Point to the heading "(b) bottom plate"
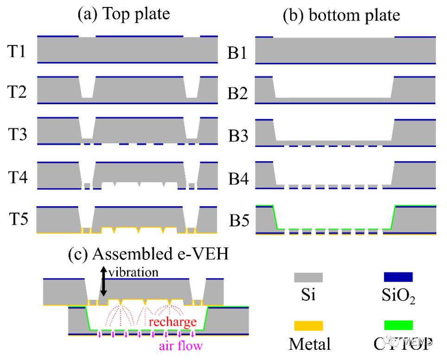pyautogui.click(x=341, y=15)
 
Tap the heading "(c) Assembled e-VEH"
pyautogui.click(x=148, y=254)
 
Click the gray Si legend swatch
pyautogui.click(x=308, y=277)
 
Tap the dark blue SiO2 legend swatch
pyautogui.click(x=398, y=277)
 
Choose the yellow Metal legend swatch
pyautogui.click(x=308, y=326)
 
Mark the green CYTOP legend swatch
pyautogui.click(x=398, y=326)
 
